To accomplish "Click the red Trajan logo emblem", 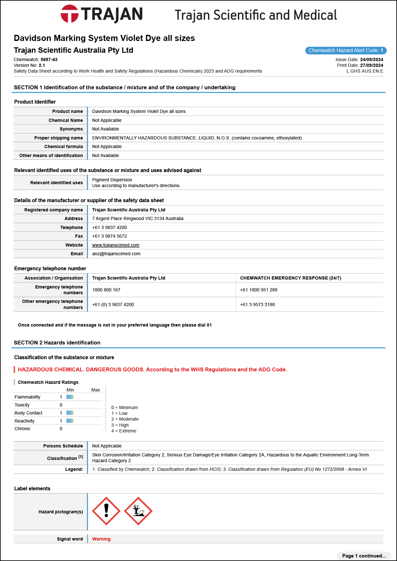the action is [x=69, y=14].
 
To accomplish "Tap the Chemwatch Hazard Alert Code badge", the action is [x=346, y=51].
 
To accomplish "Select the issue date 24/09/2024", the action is [x=371, y=59].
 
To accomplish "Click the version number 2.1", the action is [x=42, y=65].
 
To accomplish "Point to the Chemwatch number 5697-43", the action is [x=49, y=59].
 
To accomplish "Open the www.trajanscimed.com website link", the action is [x=116, y=245].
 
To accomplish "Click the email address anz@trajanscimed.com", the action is [x=116, y=254].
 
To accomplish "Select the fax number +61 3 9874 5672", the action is [x=109, y=236].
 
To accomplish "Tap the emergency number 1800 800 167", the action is [x=106, y=290].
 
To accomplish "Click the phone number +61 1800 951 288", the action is [x=259, y=290].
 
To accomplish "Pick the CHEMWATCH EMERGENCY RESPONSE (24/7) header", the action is [x=290, y=278].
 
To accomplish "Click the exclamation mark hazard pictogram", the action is [x=106, y=511].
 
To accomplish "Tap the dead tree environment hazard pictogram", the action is [x=138, y=511].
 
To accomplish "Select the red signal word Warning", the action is [x=101, y=539].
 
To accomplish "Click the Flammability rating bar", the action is [x=70, y=397].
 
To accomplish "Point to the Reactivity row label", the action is [x=24, y=421].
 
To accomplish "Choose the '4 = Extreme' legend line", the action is [x=124, y=431].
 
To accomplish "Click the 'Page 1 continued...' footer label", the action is [x=364, y=556].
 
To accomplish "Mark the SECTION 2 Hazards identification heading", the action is [x=57, y=343].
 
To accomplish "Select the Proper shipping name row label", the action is [x=59, y=138].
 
